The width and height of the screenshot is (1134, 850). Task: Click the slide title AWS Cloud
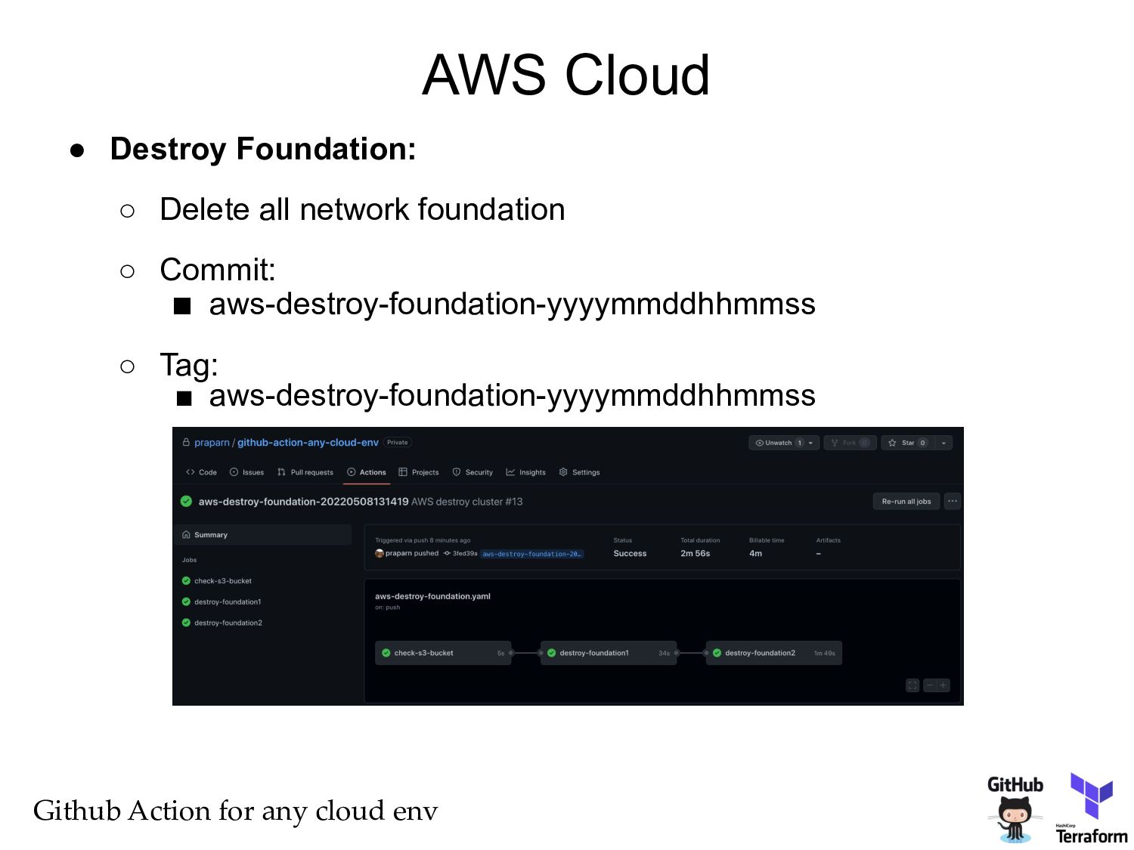[x=565, y=75]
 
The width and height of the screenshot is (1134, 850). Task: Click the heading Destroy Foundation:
[x=262, y=149]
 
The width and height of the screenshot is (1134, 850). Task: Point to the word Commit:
[x=218, y=270]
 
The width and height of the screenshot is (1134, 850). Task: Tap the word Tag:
[x=189, y=365]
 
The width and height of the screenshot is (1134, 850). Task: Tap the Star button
[x=906, y=443]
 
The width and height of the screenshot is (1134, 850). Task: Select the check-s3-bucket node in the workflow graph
[x=442, y=653]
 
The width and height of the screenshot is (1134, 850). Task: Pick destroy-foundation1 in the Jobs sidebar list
[x=227, y=602]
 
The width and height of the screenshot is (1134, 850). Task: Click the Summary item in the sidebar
[x=210, y=535]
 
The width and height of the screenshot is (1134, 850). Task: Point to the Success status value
[x=630, y=554]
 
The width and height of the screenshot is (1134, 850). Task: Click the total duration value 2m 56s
[x=695, y=554]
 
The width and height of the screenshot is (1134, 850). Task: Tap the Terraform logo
[x=1091, y=808]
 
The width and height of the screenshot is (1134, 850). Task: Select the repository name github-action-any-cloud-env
[x=308, y=443]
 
